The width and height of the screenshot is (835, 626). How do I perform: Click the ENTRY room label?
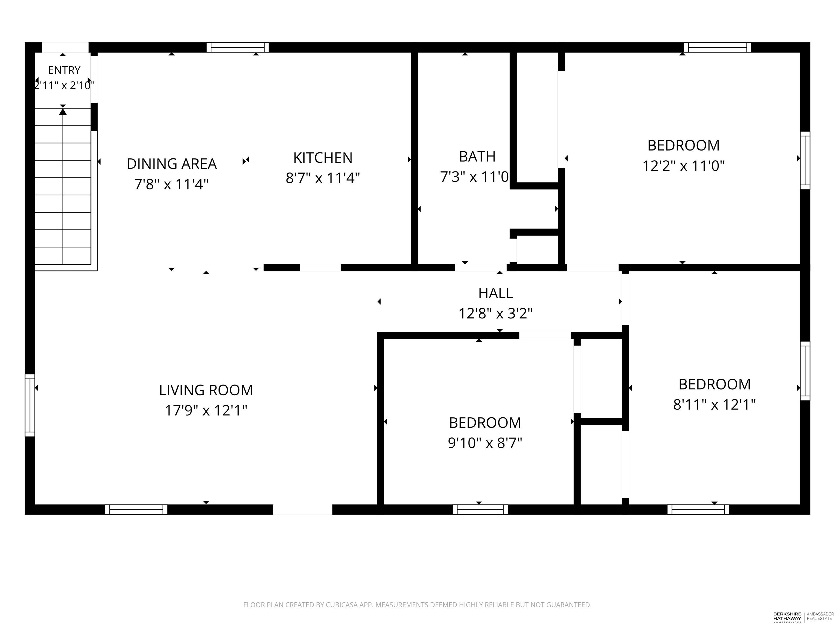point(64,70)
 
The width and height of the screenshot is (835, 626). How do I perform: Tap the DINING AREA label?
point(172,164)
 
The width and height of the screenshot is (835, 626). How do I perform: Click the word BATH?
point(477,156)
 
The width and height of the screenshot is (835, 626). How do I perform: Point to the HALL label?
point(496,293)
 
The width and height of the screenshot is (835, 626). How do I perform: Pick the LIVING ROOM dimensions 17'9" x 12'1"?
point(206,410)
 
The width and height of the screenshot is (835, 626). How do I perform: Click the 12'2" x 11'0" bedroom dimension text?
point(684,166)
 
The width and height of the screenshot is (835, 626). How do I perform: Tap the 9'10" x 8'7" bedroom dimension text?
point(485,443)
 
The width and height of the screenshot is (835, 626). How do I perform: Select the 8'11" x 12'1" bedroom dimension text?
point(715,405)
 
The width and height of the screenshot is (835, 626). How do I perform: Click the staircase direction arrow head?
point(63,112)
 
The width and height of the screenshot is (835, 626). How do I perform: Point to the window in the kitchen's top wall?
point(238,47)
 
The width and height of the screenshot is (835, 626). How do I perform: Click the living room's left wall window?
point(30,405)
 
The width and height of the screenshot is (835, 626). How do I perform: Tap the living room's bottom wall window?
point(136,509)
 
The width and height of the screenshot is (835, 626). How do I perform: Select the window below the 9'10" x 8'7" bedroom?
point(480,509)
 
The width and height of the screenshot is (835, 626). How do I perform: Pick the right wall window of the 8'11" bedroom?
point(805,371)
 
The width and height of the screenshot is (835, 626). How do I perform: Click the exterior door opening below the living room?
point(303,509)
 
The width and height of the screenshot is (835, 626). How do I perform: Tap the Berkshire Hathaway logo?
point(787,617)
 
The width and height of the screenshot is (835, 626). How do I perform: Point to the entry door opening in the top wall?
point(65,47)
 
